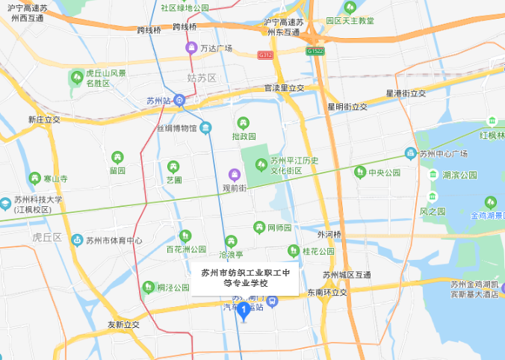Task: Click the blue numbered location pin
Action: click(243, 311)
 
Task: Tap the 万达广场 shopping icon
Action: click(191, 49)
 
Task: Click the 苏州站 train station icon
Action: click(179, 99)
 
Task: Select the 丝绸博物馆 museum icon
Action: click(205, 127)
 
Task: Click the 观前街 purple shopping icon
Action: click(235, 175)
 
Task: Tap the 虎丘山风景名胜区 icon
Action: click(76, 77)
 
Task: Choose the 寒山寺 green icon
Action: click(34, 179)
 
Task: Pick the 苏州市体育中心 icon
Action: click(76, 240)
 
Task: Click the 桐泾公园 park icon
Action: click(149, 287)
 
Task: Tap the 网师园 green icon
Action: click(258, 226)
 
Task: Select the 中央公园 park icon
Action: click(360, 173)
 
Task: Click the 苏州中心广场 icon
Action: click(410, 153)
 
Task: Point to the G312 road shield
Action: click(264, 55)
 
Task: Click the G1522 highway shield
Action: click(315, 51)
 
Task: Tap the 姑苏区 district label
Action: click(201, 78)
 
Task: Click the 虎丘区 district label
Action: click(46, 237)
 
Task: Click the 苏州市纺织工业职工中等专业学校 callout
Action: click(246, 278)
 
